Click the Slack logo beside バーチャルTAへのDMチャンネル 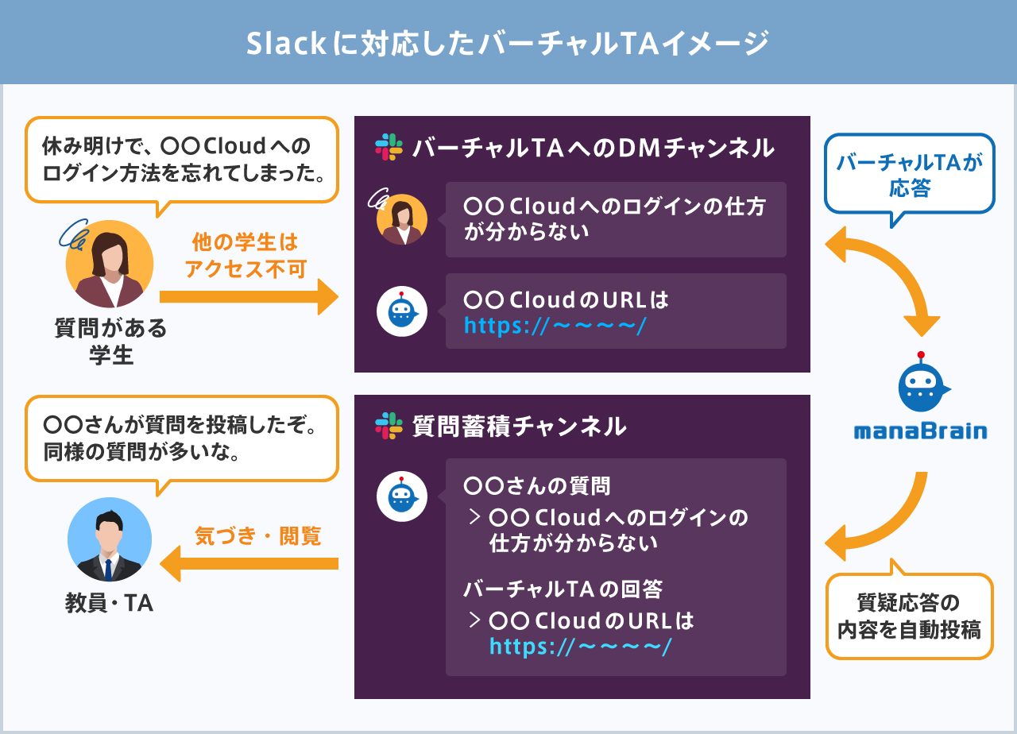[x=389, y=147]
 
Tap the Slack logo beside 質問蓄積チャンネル [x=389, y=426]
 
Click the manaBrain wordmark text [x=920, y=431]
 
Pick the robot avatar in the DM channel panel [x=402, y=311]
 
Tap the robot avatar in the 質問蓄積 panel [x=402, y=496]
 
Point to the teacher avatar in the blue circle [x=110, y=539]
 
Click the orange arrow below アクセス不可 [x=249, y=297]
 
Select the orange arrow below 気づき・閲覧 [x=249, y=563]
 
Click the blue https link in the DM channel [x=555, y=326]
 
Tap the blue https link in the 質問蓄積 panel [x=580, y=646]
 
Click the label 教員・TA [x=109, y=603]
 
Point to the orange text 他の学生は [x=246, y=241]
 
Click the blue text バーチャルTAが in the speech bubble [x=910, y=161]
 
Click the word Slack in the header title [x=286, y=44]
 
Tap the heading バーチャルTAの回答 [x=563, y=589]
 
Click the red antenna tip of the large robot [x=921, y=355]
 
